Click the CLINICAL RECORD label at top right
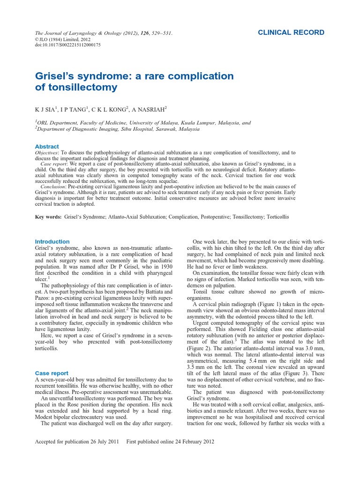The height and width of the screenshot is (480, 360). click(291, 32)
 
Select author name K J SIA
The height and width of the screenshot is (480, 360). click(46, 110)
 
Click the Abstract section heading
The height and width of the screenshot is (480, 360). click(47, 147)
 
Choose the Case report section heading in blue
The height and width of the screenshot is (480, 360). click(52, 373)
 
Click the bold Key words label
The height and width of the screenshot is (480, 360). click(48, 217)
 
